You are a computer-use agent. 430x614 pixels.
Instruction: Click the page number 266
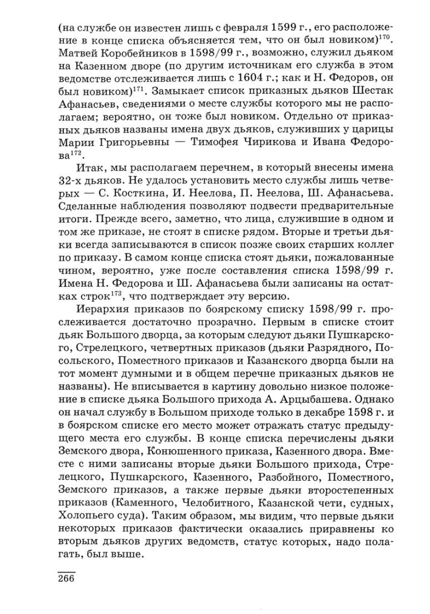coord(66,579)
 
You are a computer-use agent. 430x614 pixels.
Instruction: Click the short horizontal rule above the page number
coord(66,570)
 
